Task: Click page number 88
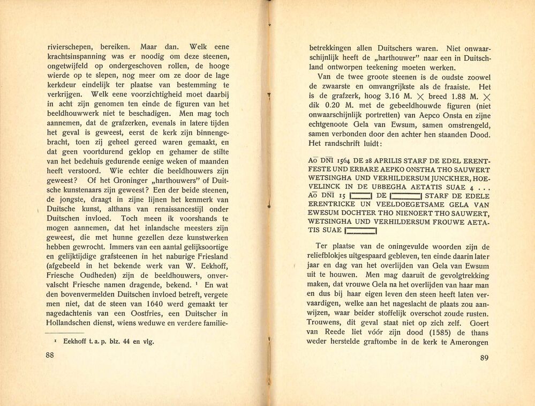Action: [51, 355]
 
